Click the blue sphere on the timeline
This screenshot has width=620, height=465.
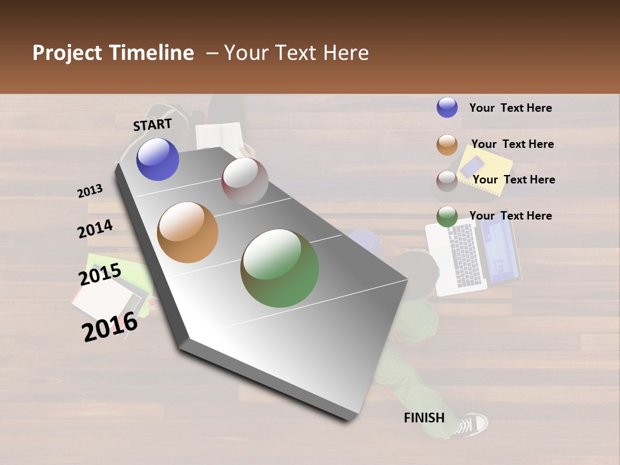coord(158,159)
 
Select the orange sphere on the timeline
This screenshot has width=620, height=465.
coord(187,232)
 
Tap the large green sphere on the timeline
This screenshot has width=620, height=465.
coord(280,268)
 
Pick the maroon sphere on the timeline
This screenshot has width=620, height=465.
coord(245,181)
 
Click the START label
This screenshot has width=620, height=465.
coord(152,125)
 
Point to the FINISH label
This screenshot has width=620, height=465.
coord(424,418)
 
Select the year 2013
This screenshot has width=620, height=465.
coord(90,191)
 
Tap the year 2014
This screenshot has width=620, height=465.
coord(95,229)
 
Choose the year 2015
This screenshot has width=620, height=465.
coord(99,274)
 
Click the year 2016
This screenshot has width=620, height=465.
coord(110,327)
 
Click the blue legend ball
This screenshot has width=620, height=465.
coord(447,107)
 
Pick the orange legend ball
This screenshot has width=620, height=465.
coord(447,144)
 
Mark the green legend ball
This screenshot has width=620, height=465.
coord(447,216)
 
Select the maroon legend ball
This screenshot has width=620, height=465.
coord(447,180)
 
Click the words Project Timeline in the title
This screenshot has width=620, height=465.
coord(113,53)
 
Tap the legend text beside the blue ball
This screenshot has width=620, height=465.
coord(510,108)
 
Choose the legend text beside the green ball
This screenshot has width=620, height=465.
coord(510,216)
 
